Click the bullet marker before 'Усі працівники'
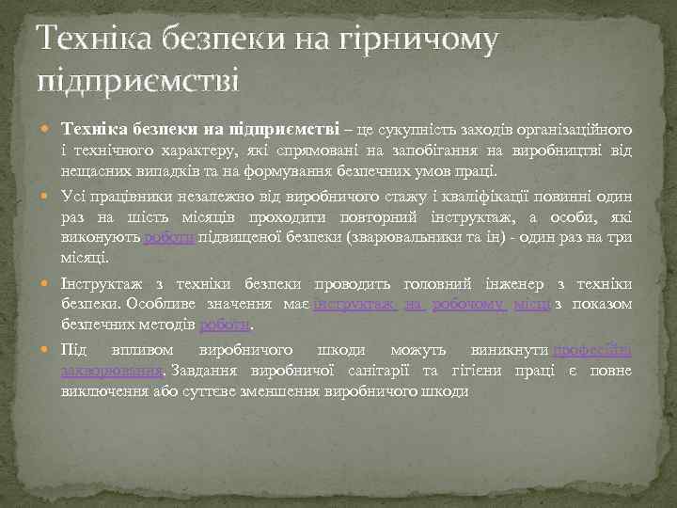click(x=48, y=198)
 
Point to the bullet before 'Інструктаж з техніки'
click(x=48, y=284)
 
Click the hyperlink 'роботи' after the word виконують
click(x=168, y=239)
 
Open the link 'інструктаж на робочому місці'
click(x=432, y=305)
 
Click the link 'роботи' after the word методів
click(x=226, y=325)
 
